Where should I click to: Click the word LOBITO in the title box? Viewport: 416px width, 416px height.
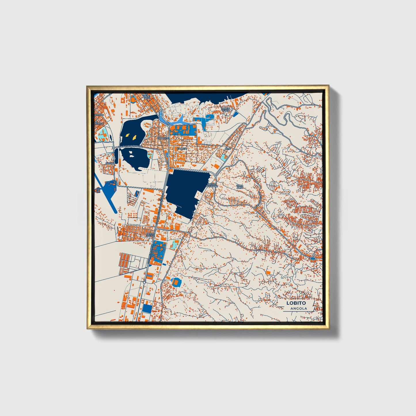point(296,303)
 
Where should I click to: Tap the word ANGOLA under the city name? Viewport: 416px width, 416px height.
point(299,309)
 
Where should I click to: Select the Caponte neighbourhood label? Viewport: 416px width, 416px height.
point(163,138)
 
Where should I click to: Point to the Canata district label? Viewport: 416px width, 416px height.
point(182,149)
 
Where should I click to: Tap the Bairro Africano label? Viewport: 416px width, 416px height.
point(212,185)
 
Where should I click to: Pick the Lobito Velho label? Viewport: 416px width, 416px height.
point(225,109)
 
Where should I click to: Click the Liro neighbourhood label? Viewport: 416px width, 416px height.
point(227,149)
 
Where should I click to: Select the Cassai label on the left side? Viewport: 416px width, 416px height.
point(110,163)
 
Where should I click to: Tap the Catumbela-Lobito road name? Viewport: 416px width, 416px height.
point(149,253)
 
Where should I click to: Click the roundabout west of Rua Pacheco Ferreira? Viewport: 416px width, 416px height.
point(114,148)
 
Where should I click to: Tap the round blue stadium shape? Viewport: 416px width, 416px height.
point(176,282)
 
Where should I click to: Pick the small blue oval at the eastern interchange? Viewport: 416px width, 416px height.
point(313,258)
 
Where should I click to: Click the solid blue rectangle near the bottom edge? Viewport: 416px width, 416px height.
point(147,309)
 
